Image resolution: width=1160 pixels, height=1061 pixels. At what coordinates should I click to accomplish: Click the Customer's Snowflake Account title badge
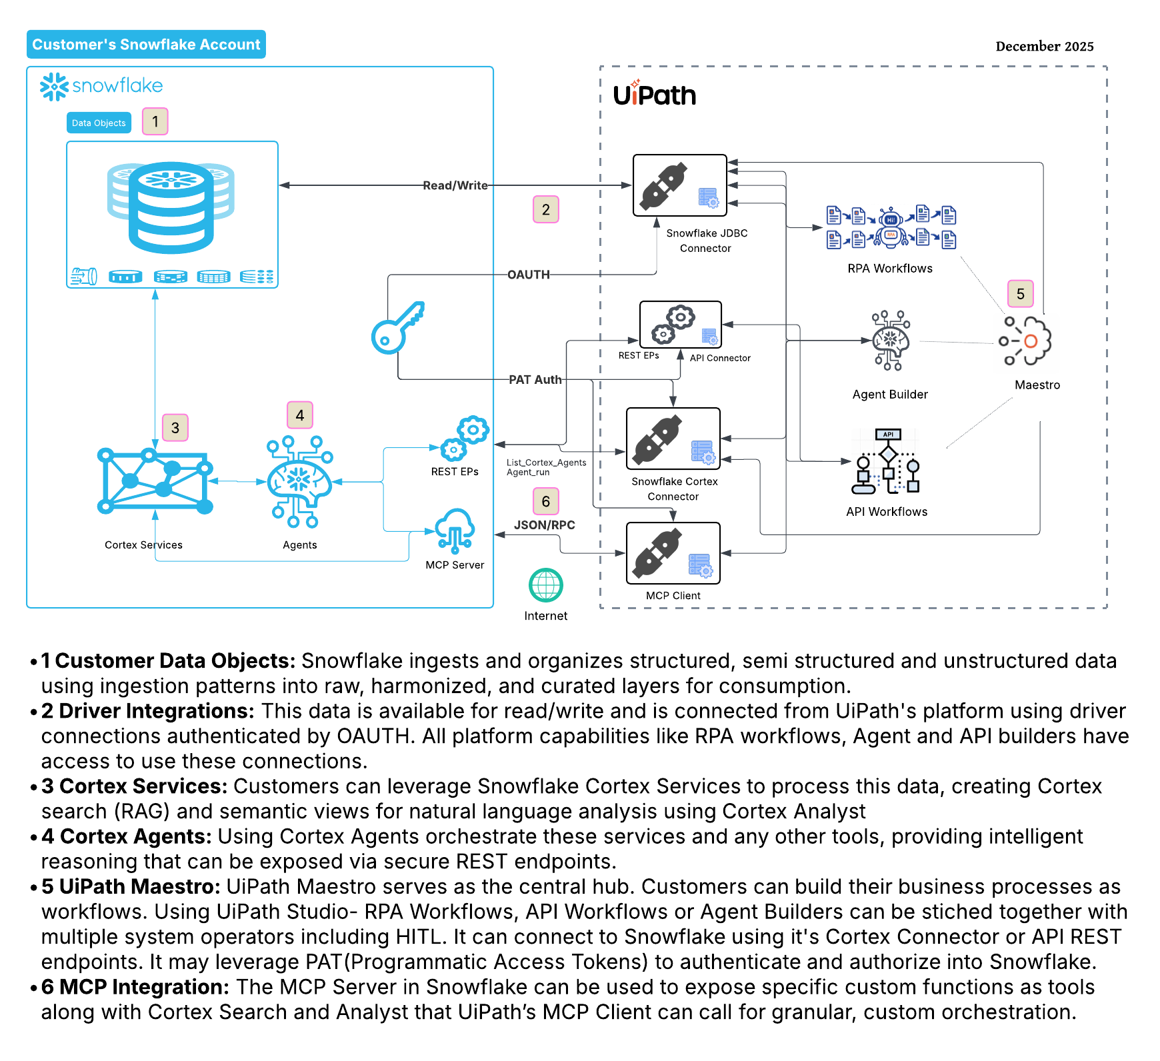pos(146,45)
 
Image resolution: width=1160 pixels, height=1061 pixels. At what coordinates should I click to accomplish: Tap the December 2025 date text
pos(1044,47)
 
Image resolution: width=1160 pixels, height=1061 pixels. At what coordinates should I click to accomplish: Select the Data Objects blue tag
pos(99,123)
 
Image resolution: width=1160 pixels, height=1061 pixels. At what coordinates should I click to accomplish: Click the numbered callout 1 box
pos(155,121)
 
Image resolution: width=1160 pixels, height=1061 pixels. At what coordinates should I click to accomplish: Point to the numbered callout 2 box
pos(545,209)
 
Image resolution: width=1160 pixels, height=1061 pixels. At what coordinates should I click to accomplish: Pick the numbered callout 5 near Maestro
pos(1020,294)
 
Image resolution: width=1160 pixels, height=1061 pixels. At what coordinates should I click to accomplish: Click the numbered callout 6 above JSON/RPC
pos(545,501)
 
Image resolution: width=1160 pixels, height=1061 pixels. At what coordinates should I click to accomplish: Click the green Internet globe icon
pos(545,585)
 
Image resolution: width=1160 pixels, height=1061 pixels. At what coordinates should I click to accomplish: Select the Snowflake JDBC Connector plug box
pos(679,185)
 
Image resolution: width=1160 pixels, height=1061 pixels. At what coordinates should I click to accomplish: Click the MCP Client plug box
pos(673,553)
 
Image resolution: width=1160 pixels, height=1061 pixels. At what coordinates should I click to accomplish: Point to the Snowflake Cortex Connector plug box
pos(673,439)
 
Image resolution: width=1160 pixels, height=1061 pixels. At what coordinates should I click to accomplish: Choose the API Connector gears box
pos(680,324)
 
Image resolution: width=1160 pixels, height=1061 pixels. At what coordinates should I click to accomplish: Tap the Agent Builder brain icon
pos(890,341)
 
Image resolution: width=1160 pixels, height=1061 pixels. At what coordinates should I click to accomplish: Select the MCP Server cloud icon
pos(455,530)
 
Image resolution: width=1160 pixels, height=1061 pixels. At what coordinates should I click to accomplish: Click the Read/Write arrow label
pos(455,185)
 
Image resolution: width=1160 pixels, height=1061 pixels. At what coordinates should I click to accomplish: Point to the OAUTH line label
pos(528,275)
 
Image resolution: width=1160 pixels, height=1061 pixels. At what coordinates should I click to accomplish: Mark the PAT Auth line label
pos(535,380)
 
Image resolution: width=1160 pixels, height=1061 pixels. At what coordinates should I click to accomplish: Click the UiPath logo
pos(654,95)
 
